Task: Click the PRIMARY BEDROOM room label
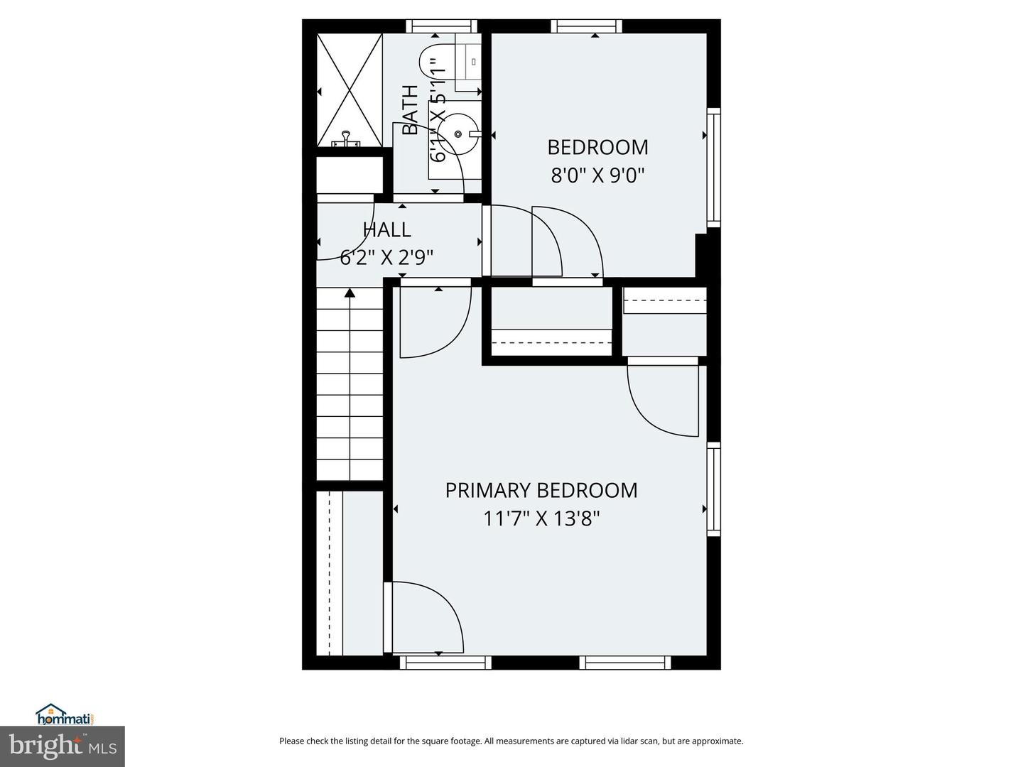541,491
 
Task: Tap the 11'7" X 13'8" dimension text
541,519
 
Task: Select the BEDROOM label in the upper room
597,147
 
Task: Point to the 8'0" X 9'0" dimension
597,175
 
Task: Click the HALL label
386,230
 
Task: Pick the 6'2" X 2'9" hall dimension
386,257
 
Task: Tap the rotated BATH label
410,109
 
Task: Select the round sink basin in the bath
458,134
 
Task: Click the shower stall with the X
349,90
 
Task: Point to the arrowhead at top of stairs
350,292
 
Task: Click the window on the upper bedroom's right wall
713,168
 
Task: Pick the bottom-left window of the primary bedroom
445,663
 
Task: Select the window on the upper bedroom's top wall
586,26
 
